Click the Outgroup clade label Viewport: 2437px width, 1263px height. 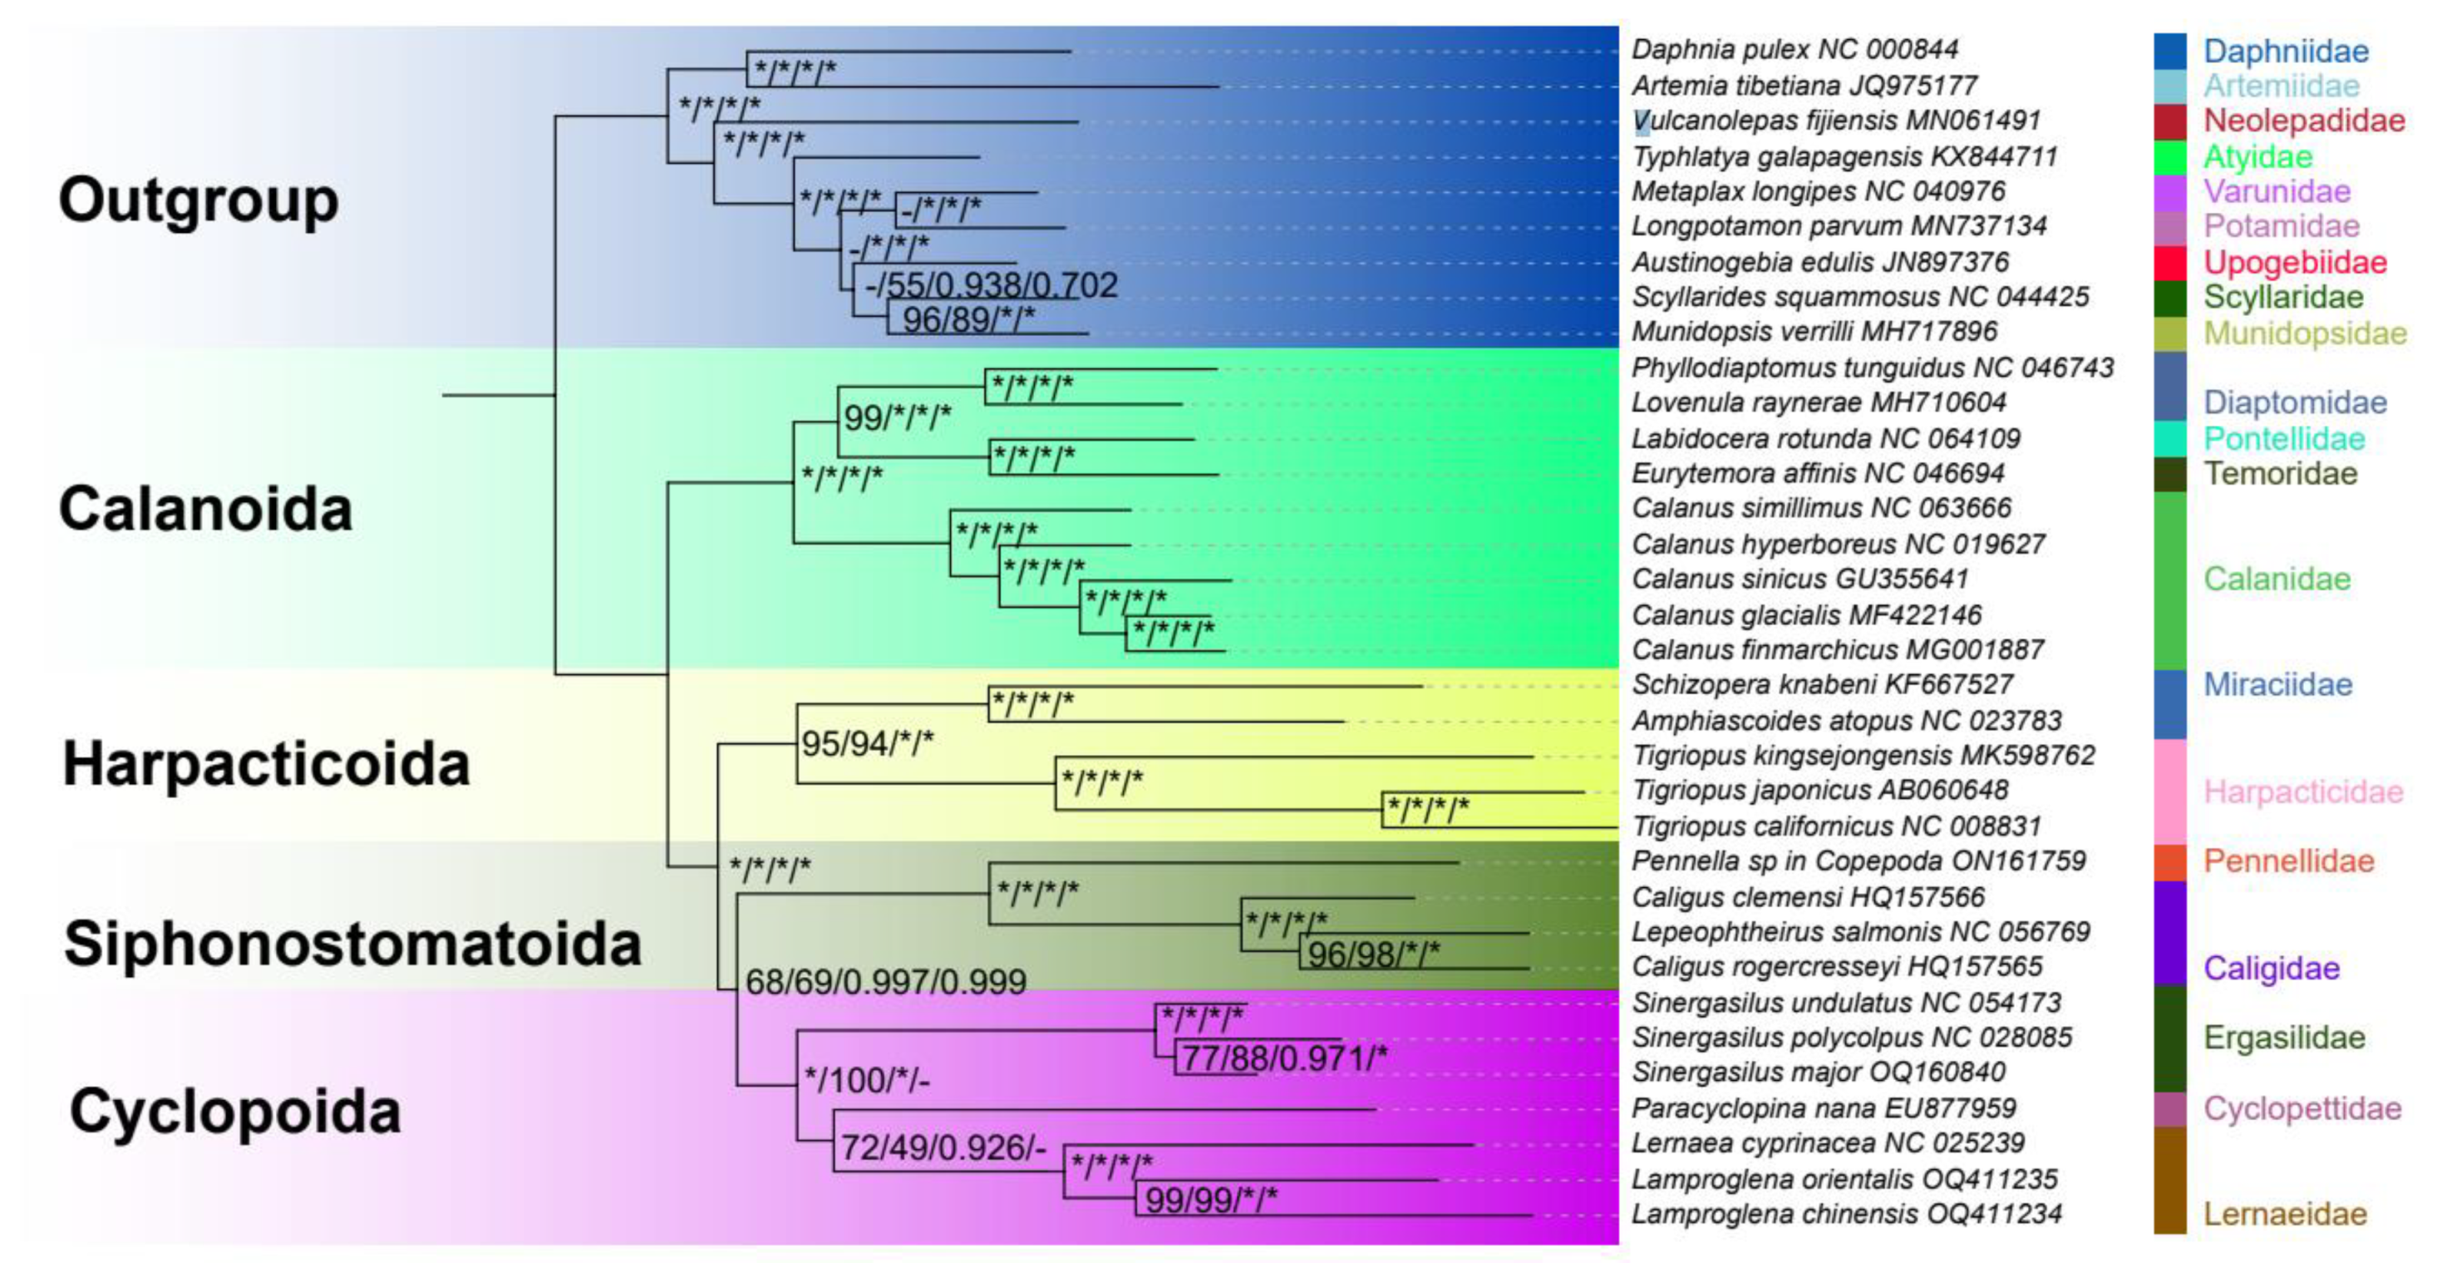tap(199, 200)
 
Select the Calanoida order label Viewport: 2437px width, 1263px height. tap(205, 509)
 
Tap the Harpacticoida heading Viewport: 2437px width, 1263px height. tap(266, 763)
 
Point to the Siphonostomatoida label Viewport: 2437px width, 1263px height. tap(353, 945)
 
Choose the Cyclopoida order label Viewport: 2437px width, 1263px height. tap(235, 1111)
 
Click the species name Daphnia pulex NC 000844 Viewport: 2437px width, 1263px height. tap(1795, 49)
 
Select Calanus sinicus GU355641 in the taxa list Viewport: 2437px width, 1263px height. tap(1800, 578)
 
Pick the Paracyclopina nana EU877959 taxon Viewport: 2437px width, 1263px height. tap(1823, 1108)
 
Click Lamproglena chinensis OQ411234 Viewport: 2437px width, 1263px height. tap(1846, 1214)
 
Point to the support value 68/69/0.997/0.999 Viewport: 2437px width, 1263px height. tap(885, 982)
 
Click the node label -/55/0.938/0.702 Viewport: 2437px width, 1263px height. tap(991, 284)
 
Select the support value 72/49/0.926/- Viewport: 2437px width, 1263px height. tap(943, 1147)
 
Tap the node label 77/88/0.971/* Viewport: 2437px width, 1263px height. tap(1285, 1058)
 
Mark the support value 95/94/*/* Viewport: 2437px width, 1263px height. tap(867, 743)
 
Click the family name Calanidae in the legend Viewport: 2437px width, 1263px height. tap(2277, 578)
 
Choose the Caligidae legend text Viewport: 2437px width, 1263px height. tap(2271, 968)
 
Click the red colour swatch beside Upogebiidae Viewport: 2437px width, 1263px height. tap(2169, 262)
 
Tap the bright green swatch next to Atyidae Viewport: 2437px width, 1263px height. tap(2169, 156)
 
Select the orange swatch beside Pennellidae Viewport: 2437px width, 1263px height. tap(2169, 861)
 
